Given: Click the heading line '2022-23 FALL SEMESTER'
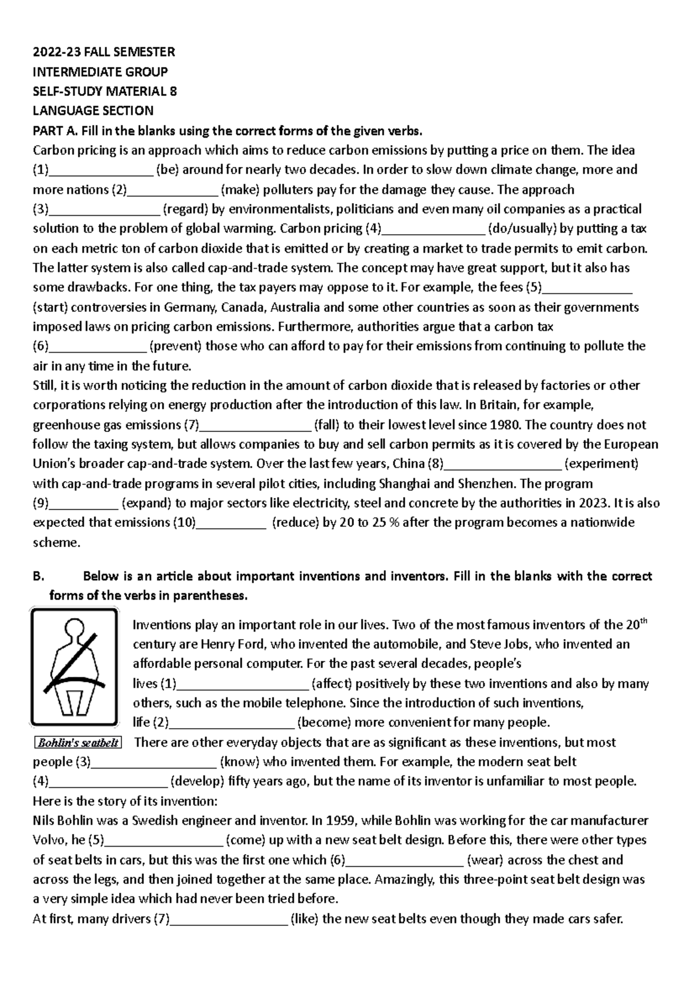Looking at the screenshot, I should point(104,52).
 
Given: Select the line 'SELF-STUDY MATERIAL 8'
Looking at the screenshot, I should point(105,91).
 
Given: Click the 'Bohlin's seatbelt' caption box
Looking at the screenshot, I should point(77,743).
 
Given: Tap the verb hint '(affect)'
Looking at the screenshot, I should point(332,684).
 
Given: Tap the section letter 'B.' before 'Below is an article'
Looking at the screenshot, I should point(39,577).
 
